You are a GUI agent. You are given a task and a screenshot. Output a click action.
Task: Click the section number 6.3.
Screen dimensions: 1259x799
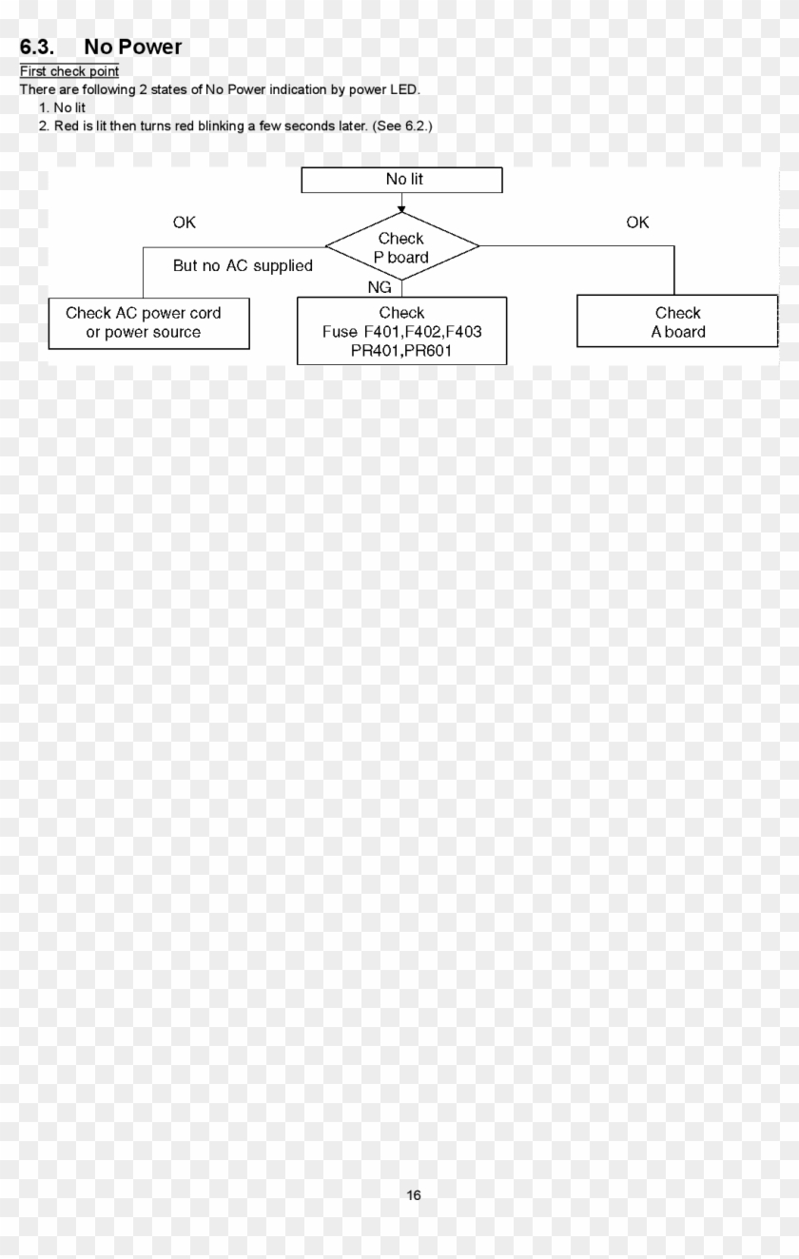pos(37,47)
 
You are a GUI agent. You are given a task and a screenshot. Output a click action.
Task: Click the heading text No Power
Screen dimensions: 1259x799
pos(132,47)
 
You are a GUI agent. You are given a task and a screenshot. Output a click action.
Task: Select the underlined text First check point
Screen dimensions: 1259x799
pos(69,71)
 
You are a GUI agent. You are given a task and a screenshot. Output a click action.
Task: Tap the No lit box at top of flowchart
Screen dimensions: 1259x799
pos(401,179)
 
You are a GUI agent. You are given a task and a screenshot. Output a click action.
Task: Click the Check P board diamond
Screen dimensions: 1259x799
pos(401,247)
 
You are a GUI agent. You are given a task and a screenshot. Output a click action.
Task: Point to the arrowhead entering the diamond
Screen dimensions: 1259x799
pos(403,206)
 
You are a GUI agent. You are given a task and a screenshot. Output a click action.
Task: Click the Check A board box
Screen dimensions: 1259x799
pos(677,321)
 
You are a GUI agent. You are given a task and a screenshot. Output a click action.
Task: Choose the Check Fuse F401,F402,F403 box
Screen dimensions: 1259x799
pos(401,330)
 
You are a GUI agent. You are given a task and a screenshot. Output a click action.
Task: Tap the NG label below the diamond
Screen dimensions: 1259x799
pos(379,288)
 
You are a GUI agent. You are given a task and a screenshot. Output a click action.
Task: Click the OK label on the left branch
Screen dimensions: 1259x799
pos(184,223)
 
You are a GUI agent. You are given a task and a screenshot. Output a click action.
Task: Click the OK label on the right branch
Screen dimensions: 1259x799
pos(637,223)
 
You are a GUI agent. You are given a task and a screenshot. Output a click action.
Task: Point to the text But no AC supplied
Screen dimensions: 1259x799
pos(243,266)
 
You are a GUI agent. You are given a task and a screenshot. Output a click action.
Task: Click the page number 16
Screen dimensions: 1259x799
pos(414,1195)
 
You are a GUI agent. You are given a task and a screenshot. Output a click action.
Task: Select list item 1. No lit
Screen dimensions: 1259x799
pos(63,107)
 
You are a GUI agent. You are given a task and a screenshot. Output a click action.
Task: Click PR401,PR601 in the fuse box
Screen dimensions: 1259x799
pos(400,351)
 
